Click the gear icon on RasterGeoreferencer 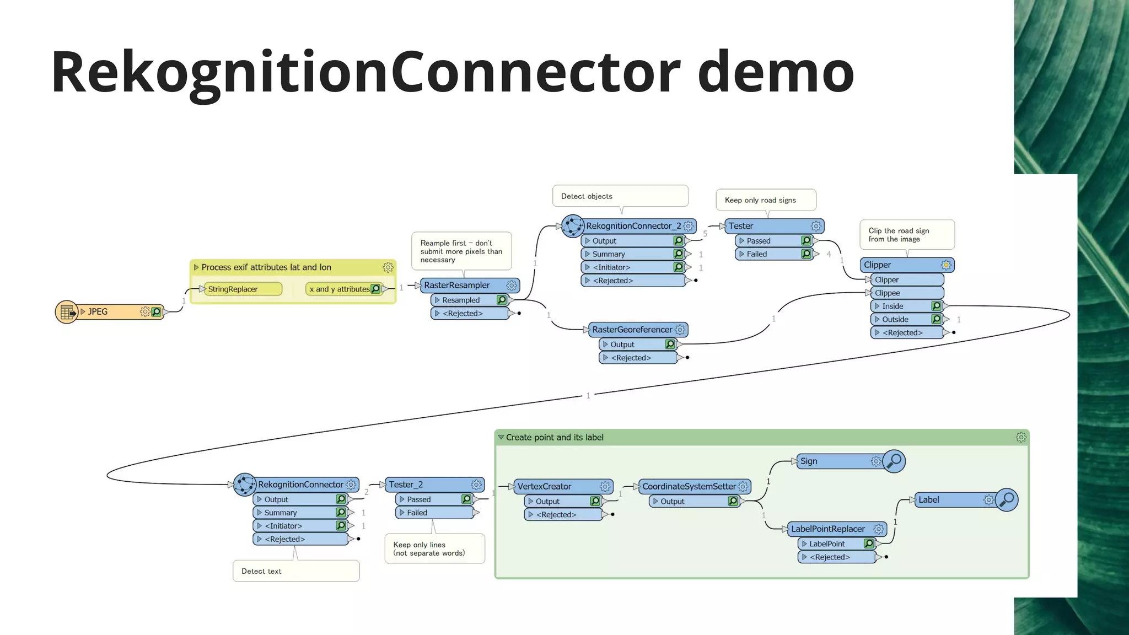click(680, 330)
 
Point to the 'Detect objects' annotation click(620, 196)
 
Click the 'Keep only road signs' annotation click(765, 200)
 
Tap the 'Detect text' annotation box click(295, 571)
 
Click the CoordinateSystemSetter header click(689, 486)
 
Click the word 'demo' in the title click(776, 72)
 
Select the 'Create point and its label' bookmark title click(554, 438)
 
